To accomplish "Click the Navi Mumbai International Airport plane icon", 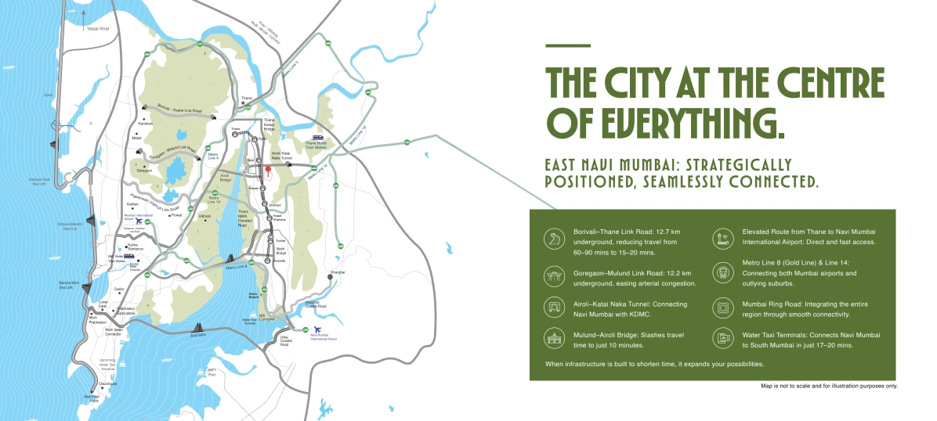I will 317,330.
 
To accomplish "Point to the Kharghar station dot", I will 331,277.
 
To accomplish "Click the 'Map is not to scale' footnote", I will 829,387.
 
